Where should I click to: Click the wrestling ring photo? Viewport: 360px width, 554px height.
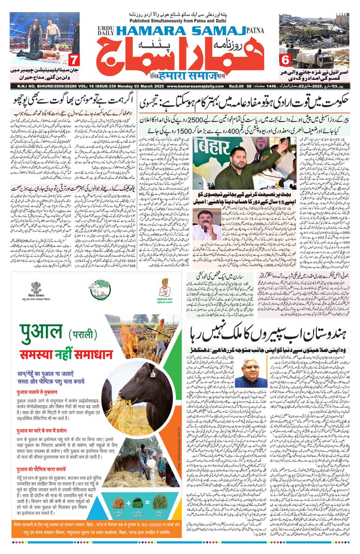45,38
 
